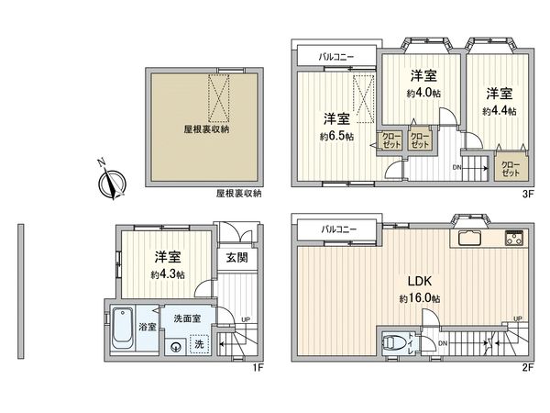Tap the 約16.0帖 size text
[420, 299]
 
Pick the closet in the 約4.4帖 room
[510, 168]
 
